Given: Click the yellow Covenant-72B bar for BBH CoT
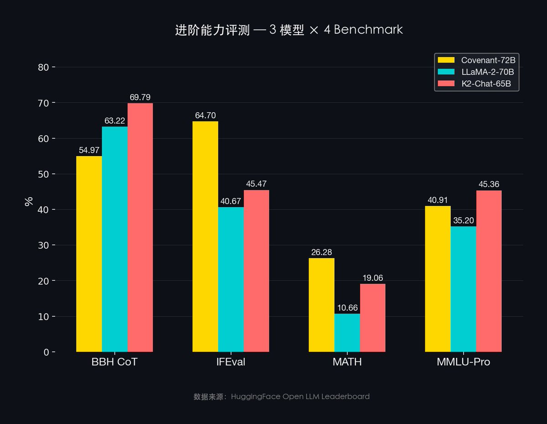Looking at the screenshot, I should click(x=89, y=254).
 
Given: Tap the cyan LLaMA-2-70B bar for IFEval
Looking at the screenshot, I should click(x=231, y=279).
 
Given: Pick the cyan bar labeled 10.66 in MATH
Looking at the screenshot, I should click(x=347, y=333).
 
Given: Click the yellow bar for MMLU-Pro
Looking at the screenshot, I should click(x=438, y=279).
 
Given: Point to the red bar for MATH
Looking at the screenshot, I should click(x=372, y=318).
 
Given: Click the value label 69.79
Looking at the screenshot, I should click(x=140, y=97).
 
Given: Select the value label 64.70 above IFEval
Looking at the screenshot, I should click(x=205, y=115).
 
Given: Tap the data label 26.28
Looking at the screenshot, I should click(x=321, y=252).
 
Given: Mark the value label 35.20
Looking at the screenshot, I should click(x=463, y=221).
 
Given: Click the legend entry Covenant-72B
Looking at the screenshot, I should click(x=488, y=60).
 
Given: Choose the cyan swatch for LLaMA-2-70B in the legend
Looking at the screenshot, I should click(x=446, y=72).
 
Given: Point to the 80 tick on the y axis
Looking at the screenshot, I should click(x=43, y=67).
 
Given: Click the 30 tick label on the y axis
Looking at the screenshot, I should click(x=43, y=245).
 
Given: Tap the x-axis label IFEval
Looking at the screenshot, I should click(x=231, y=363).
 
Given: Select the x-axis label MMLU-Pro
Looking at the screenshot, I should click(x=463, y=363).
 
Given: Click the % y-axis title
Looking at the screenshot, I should click(x=29, y=201).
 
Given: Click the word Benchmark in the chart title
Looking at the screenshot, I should click(x=369, y=30).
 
